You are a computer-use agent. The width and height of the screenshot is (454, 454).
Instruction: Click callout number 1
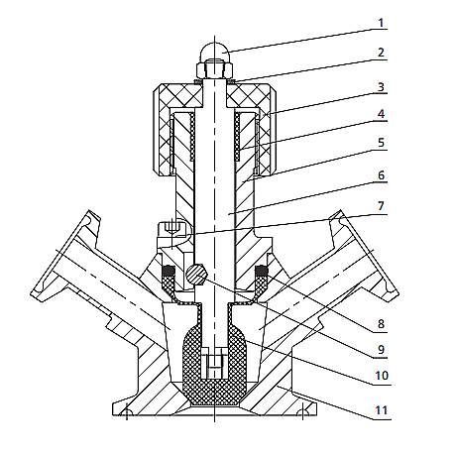coord(381,23)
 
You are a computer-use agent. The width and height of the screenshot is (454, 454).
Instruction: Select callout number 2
coord(381,53)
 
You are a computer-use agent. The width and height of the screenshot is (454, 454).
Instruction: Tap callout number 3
coord(381,87)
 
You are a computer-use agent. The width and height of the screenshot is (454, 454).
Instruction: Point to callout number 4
coord(381,114)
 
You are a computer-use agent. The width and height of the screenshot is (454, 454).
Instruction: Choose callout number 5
coord(381,143)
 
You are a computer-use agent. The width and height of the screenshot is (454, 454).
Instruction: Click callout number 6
coord(381,175)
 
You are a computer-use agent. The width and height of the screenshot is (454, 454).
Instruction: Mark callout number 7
coord(381,206)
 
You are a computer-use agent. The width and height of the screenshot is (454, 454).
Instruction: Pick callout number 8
coord(381,324)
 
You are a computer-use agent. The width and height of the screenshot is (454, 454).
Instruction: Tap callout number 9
coord(381,350)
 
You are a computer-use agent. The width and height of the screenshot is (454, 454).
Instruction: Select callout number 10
coord(382,376)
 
